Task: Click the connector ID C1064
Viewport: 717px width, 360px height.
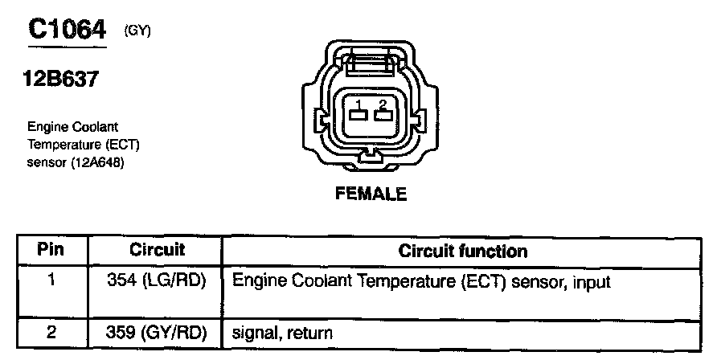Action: coord(67,30)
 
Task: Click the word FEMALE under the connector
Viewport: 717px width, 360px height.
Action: coord(371,194)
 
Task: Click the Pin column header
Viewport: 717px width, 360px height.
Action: coord(50,250)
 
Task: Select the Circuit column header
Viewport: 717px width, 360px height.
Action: coord(157,250)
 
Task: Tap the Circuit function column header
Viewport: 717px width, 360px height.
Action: coord(463,251)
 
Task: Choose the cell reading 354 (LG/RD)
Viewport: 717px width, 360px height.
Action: coord(157,282)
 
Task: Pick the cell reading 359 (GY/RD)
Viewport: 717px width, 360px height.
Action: coord(157,331)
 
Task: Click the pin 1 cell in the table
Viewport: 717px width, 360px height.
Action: coord(50,282)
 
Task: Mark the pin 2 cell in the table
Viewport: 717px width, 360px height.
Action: coord(50,331)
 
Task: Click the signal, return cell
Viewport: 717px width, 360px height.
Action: coord(281,331)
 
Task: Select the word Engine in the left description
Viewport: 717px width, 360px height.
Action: coord(45,127)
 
